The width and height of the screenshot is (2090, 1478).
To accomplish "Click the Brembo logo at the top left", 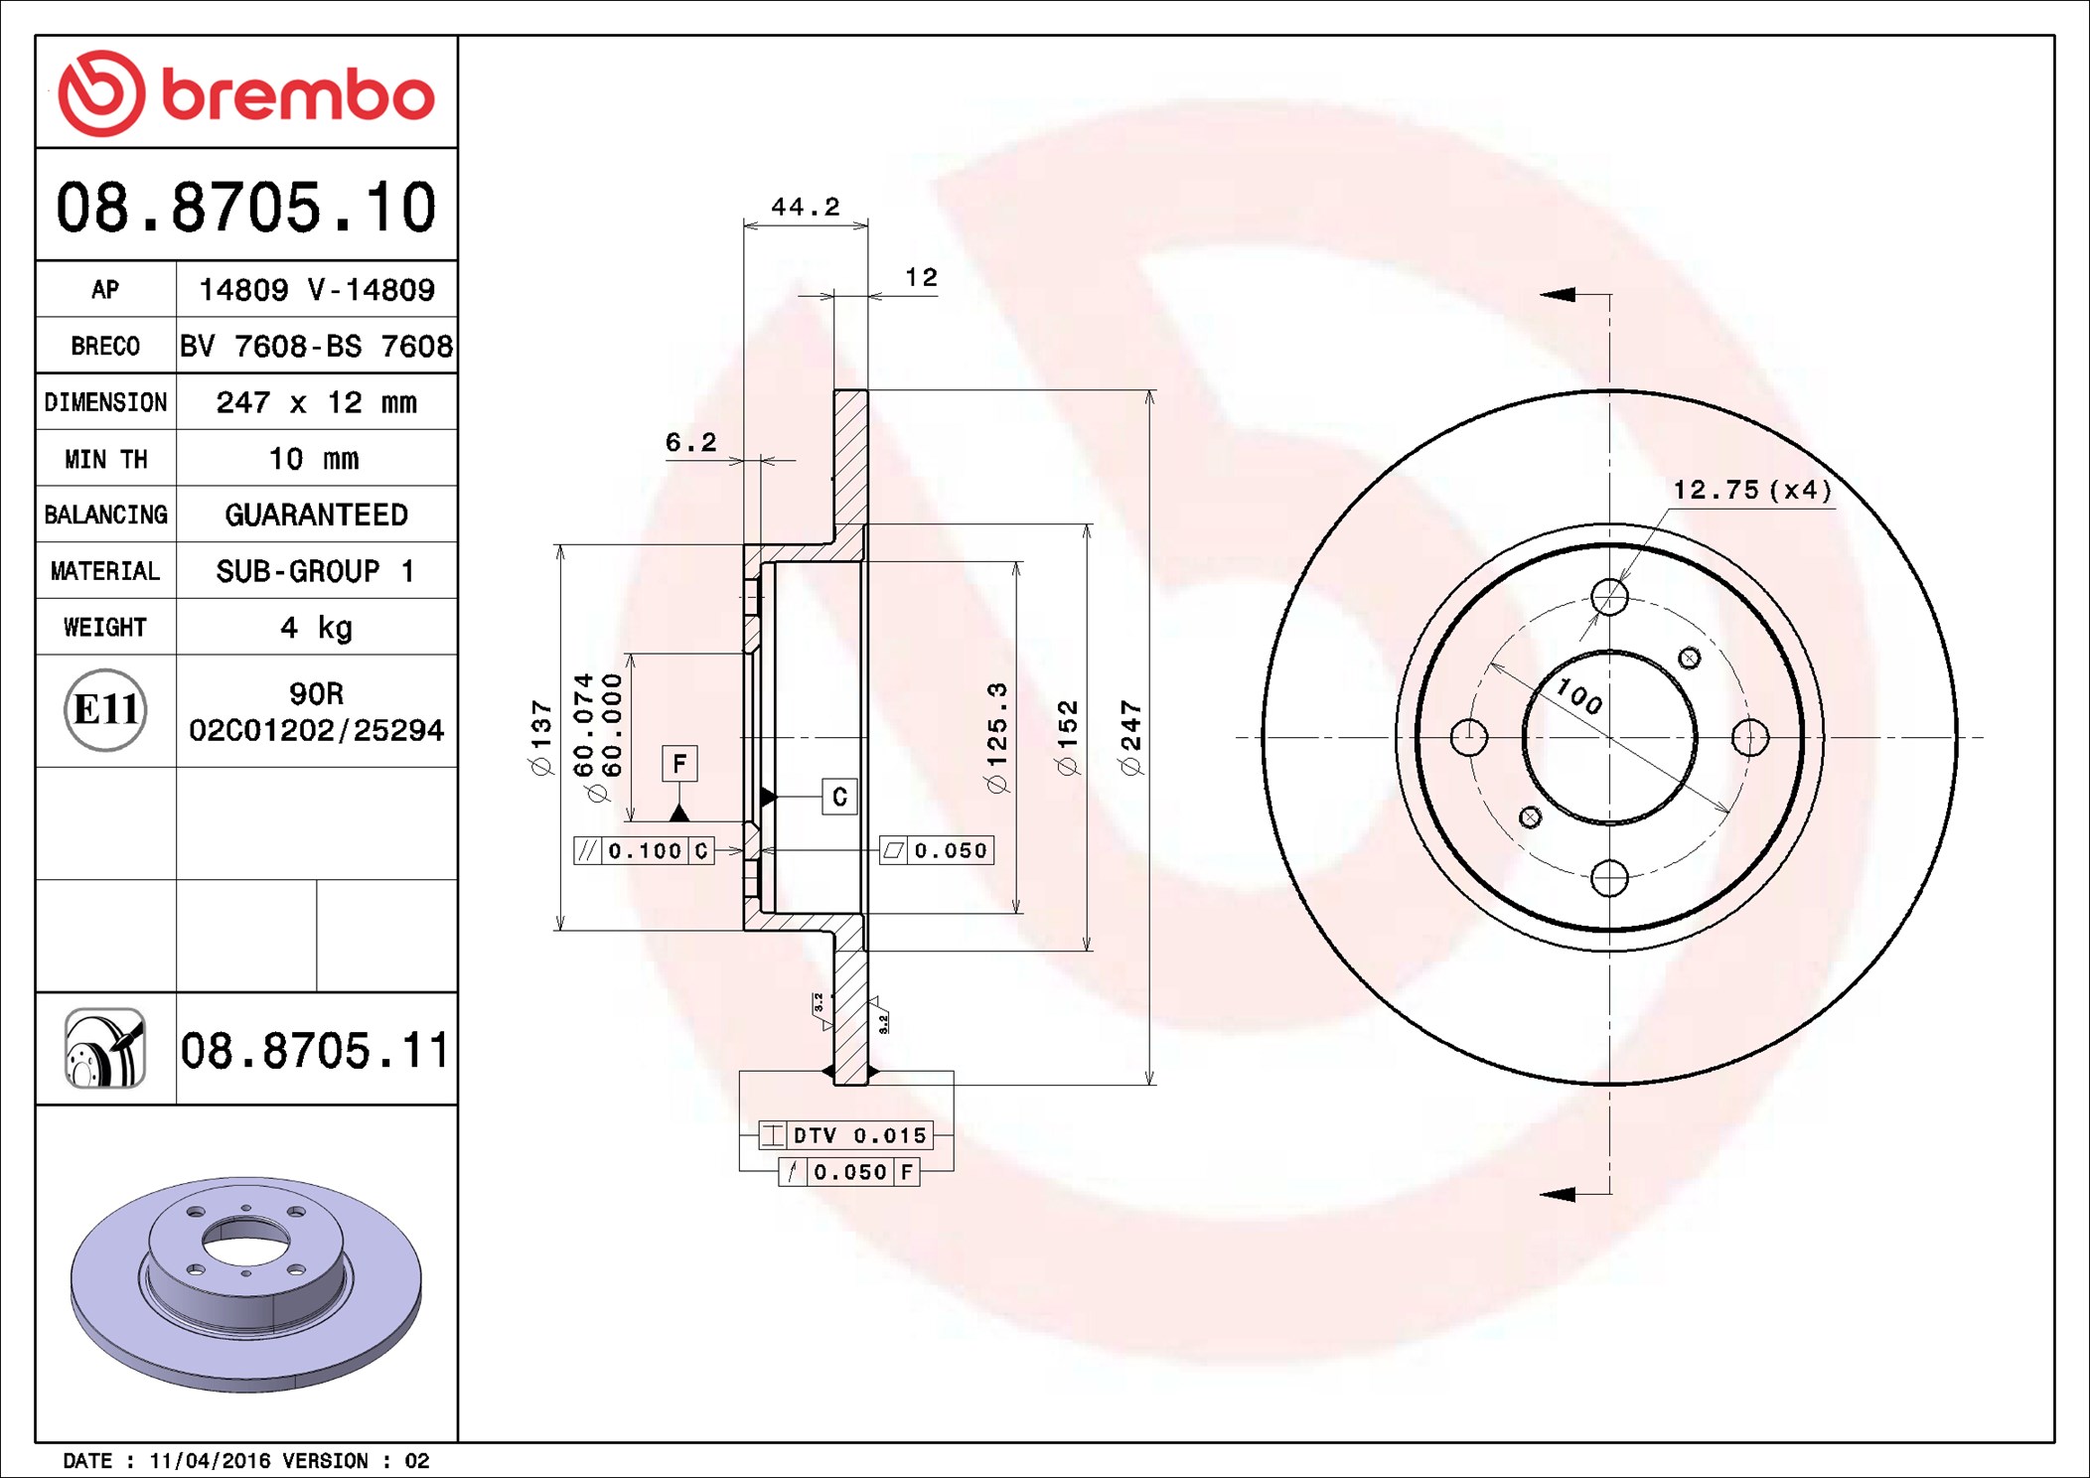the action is (x=246, y=93).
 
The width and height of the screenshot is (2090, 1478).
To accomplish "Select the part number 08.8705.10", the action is (x=245, y=208).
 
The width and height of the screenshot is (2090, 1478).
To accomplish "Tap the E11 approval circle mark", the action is (x=105, y=710).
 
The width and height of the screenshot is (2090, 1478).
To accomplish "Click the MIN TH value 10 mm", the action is (x=314, y=459).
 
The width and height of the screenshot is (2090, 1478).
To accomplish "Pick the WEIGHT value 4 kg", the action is (x=316, y=628).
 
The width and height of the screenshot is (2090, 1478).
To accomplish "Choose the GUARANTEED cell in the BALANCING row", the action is (x=316, y=515).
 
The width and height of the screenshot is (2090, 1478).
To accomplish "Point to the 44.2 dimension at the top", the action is (x=806, y=207).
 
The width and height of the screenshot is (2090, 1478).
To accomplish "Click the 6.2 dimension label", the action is (x=690, y=442).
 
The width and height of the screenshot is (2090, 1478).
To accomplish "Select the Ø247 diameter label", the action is (x=1130, y=738).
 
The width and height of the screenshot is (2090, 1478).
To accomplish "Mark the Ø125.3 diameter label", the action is (x=996, y=738).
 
